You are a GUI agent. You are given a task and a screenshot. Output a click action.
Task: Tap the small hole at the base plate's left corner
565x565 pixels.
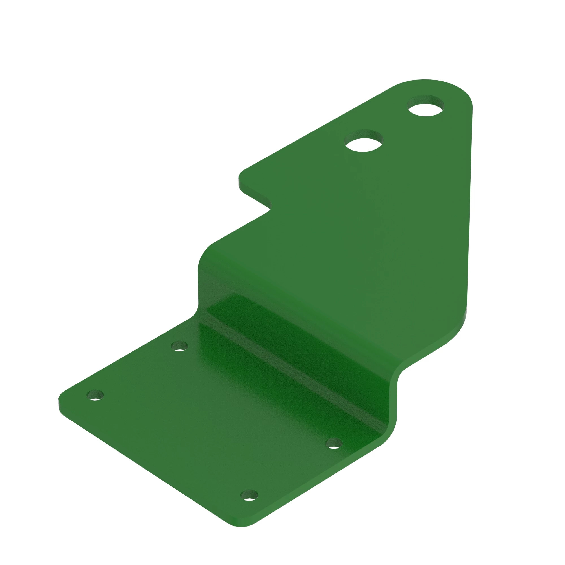[x=95, y=395]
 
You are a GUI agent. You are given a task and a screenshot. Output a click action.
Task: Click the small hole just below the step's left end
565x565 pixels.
[x=179, y=346]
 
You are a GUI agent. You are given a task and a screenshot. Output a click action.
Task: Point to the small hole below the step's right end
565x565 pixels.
[x=334, y=443]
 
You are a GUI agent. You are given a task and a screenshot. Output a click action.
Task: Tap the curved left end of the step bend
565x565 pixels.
[x=202, y=263]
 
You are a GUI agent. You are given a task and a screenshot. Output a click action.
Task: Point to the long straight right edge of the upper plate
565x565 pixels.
[x=469, y=205]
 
